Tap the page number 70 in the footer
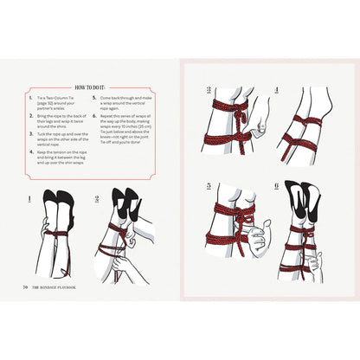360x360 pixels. [26, 287]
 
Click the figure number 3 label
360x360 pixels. [208, 88]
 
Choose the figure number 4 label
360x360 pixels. [276, 88]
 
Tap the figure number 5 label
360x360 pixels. [208, 185]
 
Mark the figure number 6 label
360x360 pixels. [276, 185]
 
